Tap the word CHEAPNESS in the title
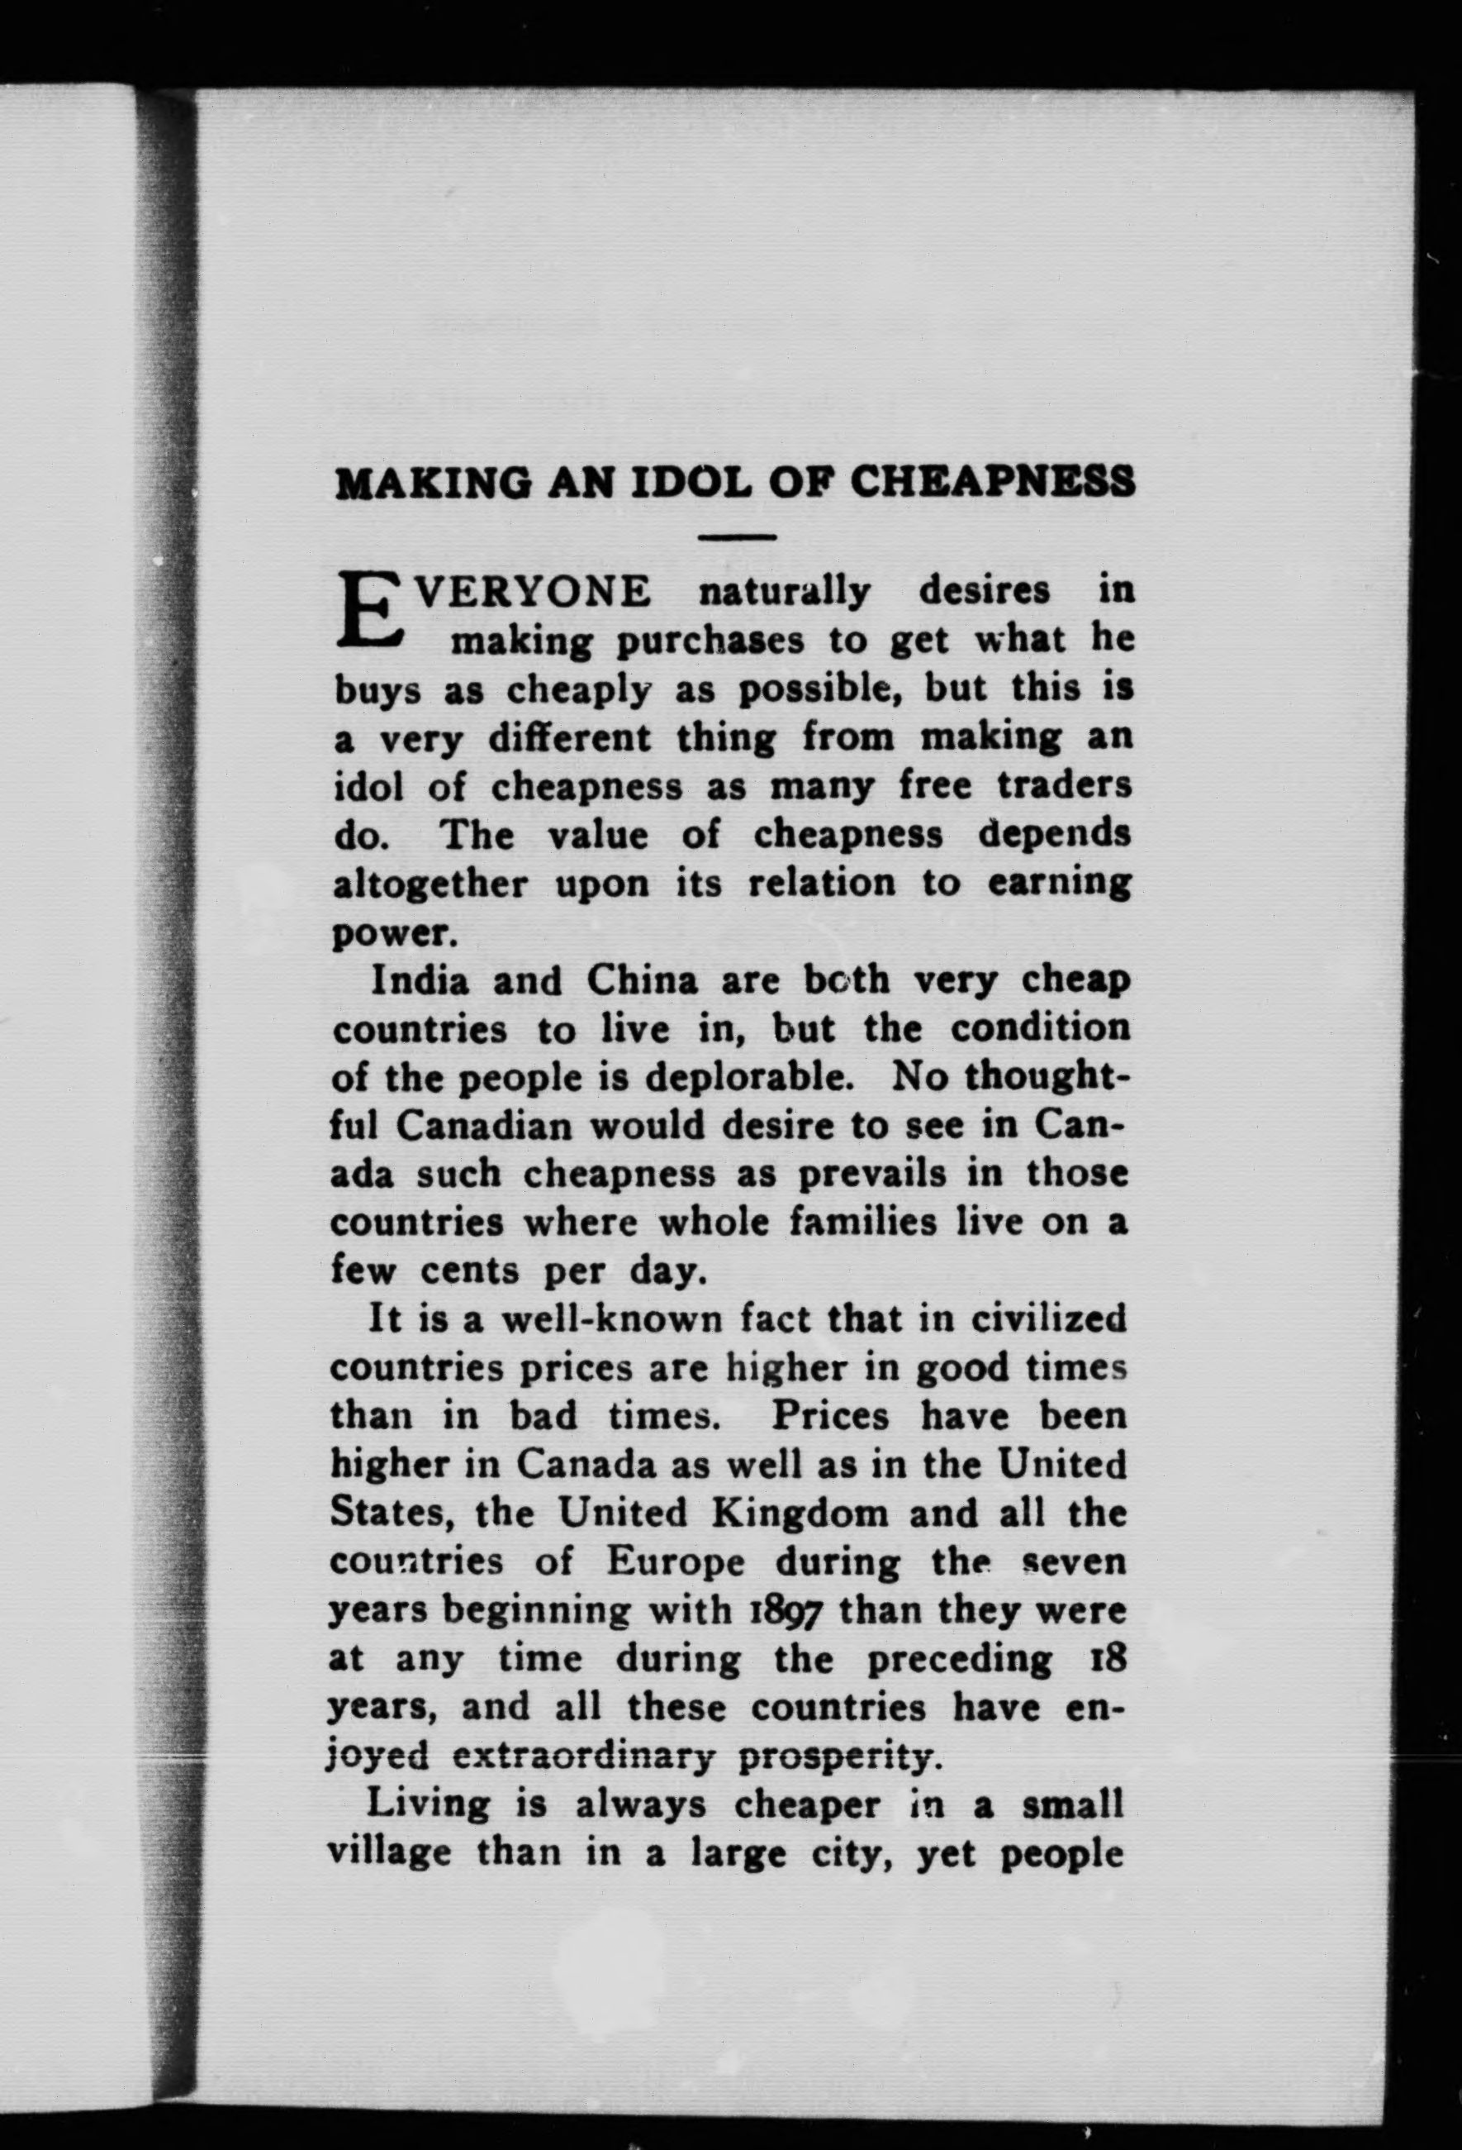(x=992, y=482)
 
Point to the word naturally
(x=784, y=590)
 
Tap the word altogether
(x=430, y=884)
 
